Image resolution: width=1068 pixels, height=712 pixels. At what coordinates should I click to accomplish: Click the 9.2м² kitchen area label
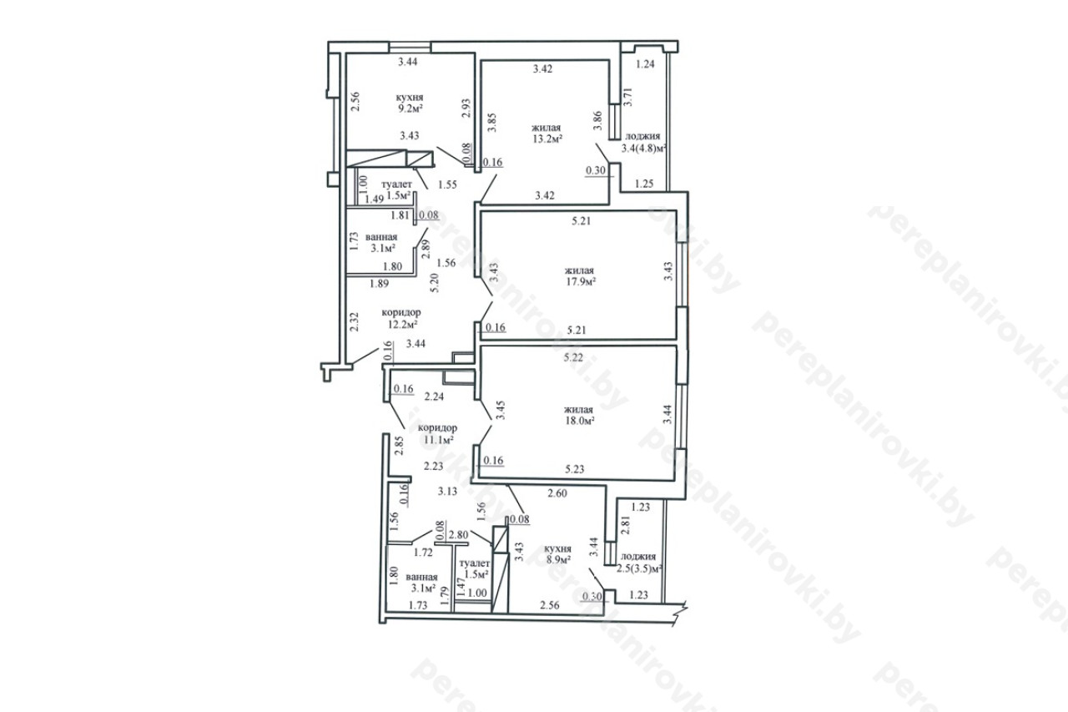(410, 109)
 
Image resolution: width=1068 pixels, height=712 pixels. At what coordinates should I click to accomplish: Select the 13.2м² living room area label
(547, 139)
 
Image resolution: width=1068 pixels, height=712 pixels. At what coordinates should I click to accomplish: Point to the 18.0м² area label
(579, 421)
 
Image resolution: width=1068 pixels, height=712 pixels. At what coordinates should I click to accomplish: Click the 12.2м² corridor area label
(402, 324)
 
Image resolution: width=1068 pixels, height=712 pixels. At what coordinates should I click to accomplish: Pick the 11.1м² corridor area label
(438, 439)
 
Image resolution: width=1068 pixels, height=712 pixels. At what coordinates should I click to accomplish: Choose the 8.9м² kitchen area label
(558, 560)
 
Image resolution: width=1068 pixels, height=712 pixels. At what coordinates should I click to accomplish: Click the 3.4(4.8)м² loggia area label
(643, 148)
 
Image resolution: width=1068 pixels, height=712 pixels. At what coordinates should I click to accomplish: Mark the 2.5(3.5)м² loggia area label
(639, 568)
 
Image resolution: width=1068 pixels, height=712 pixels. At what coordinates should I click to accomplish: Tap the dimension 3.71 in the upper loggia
(628, 96)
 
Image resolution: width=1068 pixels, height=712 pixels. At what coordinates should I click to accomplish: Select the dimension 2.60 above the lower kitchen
(557, 493)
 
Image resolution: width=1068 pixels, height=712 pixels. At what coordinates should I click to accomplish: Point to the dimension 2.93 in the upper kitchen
(466, 108)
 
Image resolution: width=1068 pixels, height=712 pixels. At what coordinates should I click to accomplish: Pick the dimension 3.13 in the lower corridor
(448, 491)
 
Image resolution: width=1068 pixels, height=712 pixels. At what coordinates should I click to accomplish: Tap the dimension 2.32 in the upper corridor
(353, 322)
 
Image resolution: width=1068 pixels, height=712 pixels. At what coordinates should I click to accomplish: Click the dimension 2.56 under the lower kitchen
(550, 605)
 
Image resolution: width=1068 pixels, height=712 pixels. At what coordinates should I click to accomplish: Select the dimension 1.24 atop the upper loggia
(646, 64)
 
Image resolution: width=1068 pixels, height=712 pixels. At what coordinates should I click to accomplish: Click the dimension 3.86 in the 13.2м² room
(597, 121)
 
